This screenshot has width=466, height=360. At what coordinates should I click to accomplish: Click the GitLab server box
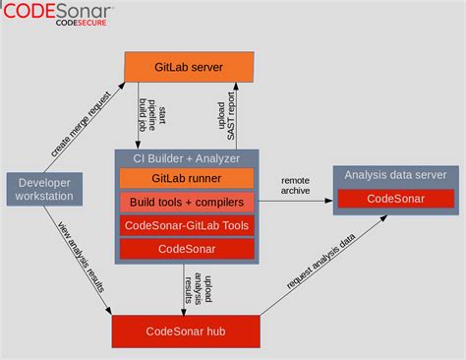[x=189, y=67]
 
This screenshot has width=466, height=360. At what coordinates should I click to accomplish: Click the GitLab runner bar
[x=187, y=178]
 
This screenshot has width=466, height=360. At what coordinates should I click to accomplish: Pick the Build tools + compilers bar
[x=187, y=202]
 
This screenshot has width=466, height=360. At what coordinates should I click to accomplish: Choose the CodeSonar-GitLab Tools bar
[x=187, y=225]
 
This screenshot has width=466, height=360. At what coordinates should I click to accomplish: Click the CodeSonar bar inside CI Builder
[x=187, y=249]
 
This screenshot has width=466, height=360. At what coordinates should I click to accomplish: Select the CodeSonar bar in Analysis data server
[x=395, y=198]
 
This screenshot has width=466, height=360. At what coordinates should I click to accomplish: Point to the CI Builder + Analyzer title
[x=187, y=157]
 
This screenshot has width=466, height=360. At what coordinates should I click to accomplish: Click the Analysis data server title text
[x=395, y=175]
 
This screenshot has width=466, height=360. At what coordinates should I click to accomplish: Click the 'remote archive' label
[x=295, y=185]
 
